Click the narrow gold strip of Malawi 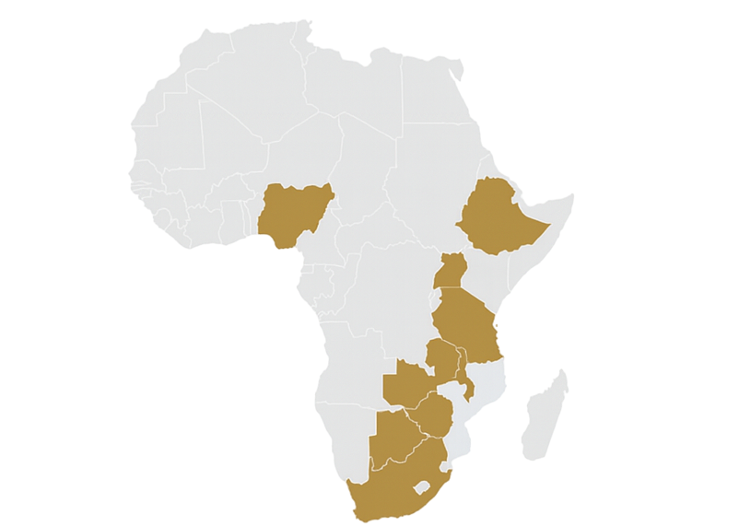[x=468, y=378]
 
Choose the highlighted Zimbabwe [x=434, y=415]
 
